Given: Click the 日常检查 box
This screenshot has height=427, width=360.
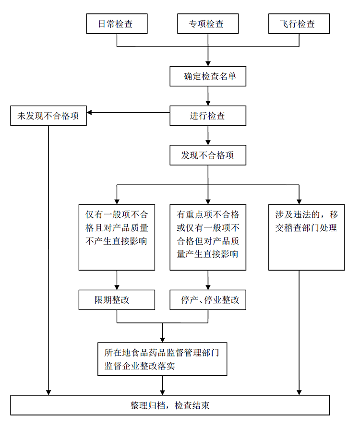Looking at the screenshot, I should pyautogui.click(x=116, y=24).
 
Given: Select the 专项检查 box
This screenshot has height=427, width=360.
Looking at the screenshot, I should pyautogui.click(x=207, y=24).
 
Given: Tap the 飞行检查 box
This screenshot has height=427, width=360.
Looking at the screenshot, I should pyautogui.click(x=299, y=24).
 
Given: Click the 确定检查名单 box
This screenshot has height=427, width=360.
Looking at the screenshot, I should pyautogui.click(x=207, y=76).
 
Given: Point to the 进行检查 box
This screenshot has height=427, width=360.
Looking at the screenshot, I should pyautogui.click(x=207, y=116).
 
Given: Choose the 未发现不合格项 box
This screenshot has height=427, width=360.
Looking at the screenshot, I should pyautogui.click(x=48, y=116).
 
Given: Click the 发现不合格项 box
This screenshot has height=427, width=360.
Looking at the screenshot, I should pyautogui.click(x=207, y=155).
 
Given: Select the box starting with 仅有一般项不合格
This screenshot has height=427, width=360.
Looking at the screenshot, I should pyautogui.click(x=117, y=237).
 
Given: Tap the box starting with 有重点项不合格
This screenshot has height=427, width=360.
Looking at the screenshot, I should pyautogui.click(x=207, y=237).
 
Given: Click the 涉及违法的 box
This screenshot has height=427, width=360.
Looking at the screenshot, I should pyautogui.click(x=306, y=237).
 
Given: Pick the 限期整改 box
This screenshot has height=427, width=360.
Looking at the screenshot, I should pyautogui.click(x=117, y=300).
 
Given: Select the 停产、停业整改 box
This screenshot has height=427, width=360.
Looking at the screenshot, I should pyautogui.click(x=207, y=300).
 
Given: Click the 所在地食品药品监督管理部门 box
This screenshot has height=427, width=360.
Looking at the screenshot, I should pyautogui.click(x=162, y=359).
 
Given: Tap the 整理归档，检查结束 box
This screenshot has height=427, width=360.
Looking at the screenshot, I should pyautogui.click(x=170, y=405).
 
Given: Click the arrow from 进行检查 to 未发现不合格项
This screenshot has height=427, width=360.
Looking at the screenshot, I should pyautogui.click(x=128, y=113).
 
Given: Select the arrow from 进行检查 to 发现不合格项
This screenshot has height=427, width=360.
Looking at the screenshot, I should pyautogui.click(x=208, y=136).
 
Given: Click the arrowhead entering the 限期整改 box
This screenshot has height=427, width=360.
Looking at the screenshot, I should pyautogui.click(x=117, y=286).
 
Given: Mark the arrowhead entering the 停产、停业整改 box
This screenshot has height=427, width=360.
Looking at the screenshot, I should pyautogui.click(x=208, y=286).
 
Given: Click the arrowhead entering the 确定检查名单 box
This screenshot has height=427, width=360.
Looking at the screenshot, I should pyautogui.click(x=208, y=63).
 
